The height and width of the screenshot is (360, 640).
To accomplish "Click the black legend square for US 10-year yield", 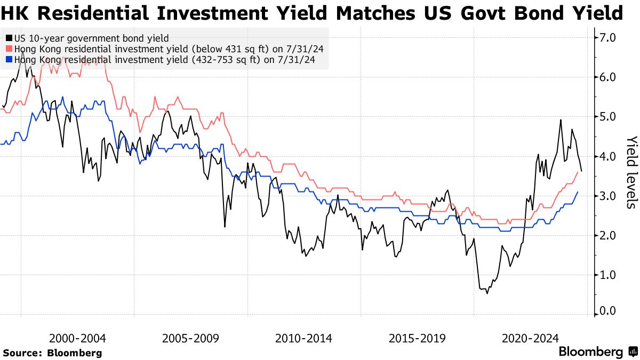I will tap(9, 38).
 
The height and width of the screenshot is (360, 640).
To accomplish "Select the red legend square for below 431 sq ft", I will tap(9, 49).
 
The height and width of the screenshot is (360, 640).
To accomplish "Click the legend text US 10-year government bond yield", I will tap(91, 38).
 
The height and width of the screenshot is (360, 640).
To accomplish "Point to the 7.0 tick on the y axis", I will tap(608, 38).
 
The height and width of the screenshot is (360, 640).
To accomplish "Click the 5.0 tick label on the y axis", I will tap(608, 117).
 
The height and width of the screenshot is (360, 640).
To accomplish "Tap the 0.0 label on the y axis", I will tap(608, 311).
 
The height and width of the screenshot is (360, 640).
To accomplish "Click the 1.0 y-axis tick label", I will tap(608, 275).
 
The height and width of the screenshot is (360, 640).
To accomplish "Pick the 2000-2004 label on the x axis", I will tap(77, 338).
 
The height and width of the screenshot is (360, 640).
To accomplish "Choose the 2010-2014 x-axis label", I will tap(304, 338).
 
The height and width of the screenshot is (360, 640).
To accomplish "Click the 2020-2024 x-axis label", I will tap(531, 338).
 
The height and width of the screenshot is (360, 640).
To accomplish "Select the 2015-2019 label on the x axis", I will tap(417, 338).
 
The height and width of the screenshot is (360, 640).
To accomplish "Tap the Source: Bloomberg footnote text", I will tap(52, 353).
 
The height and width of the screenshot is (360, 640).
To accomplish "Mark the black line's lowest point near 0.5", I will tap(486, 293).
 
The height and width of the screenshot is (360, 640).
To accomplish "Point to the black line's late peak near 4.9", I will tap(561, 119).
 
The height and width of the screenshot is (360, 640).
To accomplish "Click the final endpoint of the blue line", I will tap(578, 192).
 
